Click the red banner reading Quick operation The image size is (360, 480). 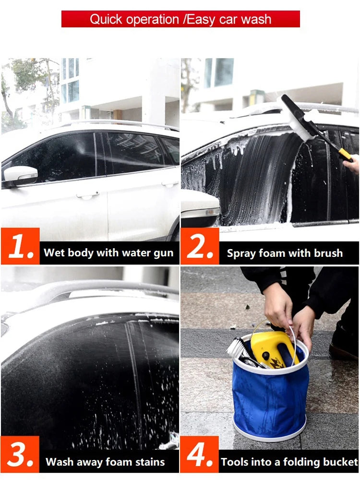180,19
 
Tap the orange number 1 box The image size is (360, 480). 21,246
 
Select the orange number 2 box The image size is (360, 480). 200,246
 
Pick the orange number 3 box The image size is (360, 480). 20,455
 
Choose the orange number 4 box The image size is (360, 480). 200,455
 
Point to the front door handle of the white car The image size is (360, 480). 88,195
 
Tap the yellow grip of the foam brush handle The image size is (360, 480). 345,155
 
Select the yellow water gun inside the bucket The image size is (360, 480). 273,349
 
